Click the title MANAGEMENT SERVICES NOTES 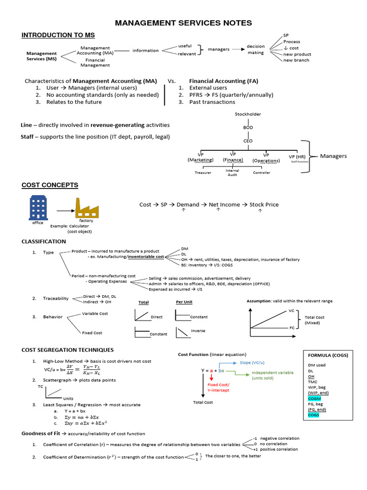pos(184,23)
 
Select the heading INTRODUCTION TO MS pos(58,35)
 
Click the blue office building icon pos(38,208)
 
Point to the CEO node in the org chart pos(248,141)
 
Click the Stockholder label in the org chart pos(248,114)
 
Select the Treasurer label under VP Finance pos(203,173)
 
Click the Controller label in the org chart pos(261,173)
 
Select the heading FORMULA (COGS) pos(328,355)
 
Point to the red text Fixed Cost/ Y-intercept pos(218,387)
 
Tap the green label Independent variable pos(274,372)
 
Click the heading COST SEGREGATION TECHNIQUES pos(67,350)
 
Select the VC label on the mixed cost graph pos(291,311)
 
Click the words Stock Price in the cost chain pos(264,204)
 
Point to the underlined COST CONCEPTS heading pos(50,185)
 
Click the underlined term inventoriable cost pos(146,257)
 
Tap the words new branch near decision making pos(296,60)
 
